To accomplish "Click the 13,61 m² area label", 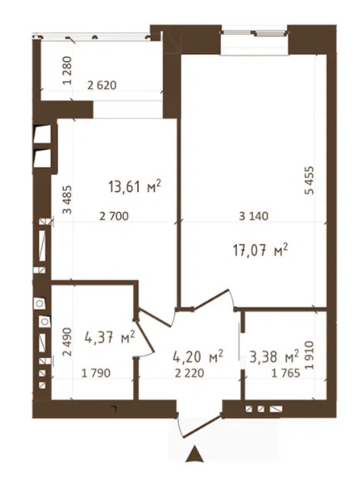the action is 134,186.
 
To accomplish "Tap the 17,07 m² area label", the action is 260,252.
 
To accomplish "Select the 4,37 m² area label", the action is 109,337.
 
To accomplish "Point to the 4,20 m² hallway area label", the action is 198,357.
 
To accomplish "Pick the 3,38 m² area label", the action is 274,357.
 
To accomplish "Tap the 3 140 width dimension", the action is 254,216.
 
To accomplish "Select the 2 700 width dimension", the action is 114,216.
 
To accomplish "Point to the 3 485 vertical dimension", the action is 67,199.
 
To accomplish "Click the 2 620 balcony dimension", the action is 102,85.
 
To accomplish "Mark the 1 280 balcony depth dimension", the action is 67,71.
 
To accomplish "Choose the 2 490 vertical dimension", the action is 67,342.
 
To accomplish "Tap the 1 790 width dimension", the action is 96,373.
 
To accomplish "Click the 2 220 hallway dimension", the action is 190,373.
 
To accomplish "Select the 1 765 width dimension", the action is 286,373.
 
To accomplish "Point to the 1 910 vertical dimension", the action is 309,356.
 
